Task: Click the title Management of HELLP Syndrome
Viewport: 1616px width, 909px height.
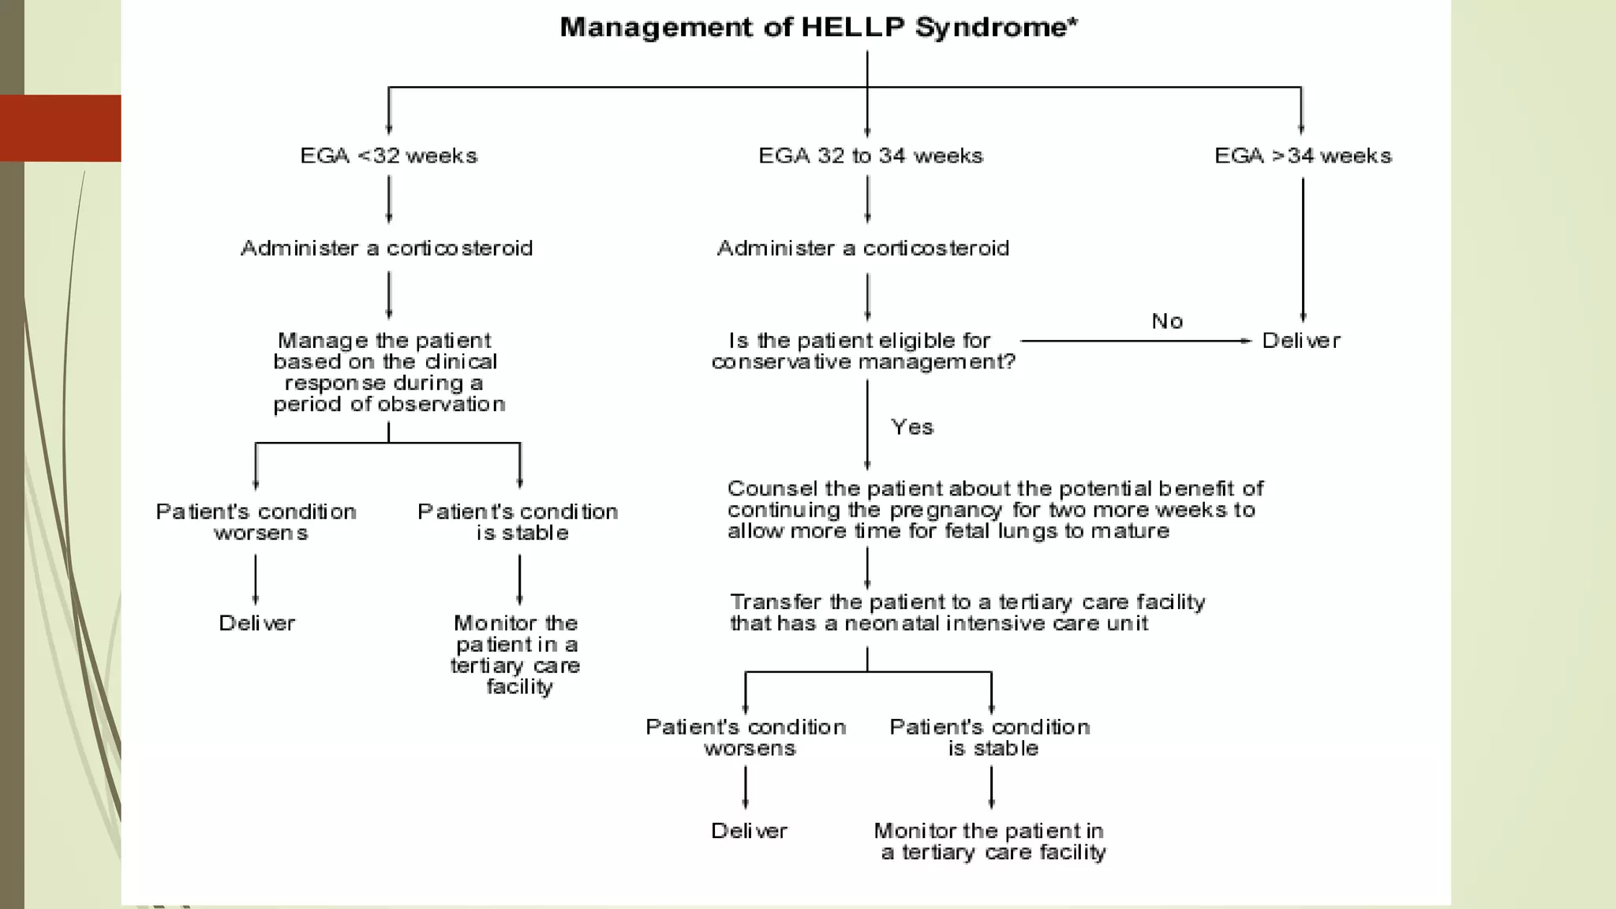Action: point(817,28)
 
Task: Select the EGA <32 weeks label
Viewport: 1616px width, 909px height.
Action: point(388,155)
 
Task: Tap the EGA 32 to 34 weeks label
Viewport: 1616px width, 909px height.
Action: point(870,155)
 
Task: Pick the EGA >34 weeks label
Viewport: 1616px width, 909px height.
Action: point(1303,155)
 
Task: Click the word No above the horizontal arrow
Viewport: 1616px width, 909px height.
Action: point(1167,321)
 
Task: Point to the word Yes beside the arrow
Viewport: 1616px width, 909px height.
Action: point(912,427)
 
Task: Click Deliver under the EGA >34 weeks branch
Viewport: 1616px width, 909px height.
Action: point(1301,341)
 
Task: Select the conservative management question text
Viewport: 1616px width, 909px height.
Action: point(863,351)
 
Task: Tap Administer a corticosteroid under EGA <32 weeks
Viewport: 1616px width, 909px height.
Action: point(387,249)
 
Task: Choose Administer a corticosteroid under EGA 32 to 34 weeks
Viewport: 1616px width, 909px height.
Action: point(863,249)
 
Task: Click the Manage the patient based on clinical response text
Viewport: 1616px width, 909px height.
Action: point(387,372)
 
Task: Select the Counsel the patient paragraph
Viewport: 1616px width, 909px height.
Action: point(994,510)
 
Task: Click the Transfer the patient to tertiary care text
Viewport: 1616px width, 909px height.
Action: point(967,613)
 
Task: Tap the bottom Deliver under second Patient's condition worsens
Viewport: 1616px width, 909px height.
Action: point(749,831)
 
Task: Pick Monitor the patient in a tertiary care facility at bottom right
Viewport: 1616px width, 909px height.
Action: point(991,841)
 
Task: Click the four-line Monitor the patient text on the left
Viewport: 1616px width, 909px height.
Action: point(516,655)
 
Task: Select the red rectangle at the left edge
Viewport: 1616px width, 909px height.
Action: point(60,128)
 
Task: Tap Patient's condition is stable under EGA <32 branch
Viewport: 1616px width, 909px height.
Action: point(518,522)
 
